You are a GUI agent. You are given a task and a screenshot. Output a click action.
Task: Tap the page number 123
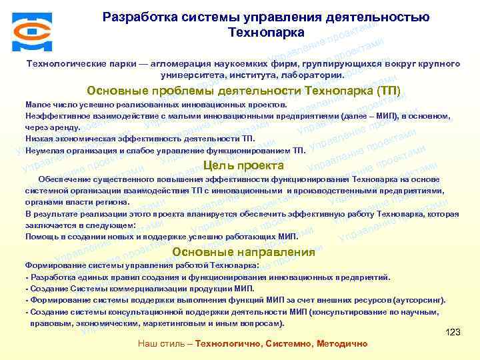tap(453, 332)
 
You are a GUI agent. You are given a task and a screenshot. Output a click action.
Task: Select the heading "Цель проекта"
tap(243, 165)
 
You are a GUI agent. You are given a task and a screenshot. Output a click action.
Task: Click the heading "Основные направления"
tap(243, 252)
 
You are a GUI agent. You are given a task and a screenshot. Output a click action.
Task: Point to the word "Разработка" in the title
tap(139, 17)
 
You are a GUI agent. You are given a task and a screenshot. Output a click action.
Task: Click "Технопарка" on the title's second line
tap(266, 32)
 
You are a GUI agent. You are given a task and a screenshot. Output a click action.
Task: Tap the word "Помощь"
tap(41, 236)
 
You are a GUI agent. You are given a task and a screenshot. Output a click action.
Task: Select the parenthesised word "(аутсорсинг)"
tap(419, 300)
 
